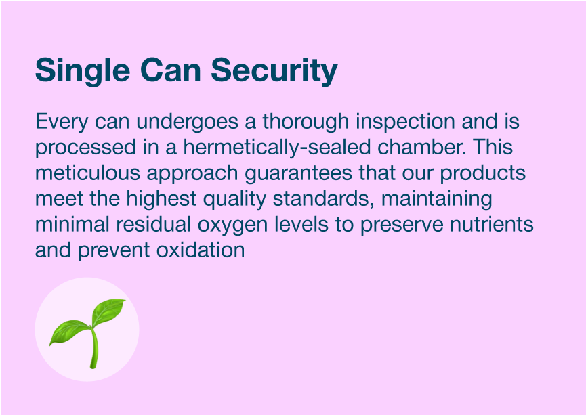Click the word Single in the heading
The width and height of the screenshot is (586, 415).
pos(83,71)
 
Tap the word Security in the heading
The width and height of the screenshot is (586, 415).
pos(274,71)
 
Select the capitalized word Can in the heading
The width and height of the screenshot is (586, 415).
pos(171,70)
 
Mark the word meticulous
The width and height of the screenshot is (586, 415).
pos(88,173)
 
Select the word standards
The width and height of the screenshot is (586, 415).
pos(324,199)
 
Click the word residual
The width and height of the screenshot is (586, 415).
pos(154,225)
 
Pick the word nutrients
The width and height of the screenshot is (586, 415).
pos(491,225)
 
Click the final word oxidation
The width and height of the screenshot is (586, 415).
pos(201,250)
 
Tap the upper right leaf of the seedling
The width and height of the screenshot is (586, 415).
pos(108,311)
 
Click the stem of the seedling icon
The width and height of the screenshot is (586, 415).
pos(93,347)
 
